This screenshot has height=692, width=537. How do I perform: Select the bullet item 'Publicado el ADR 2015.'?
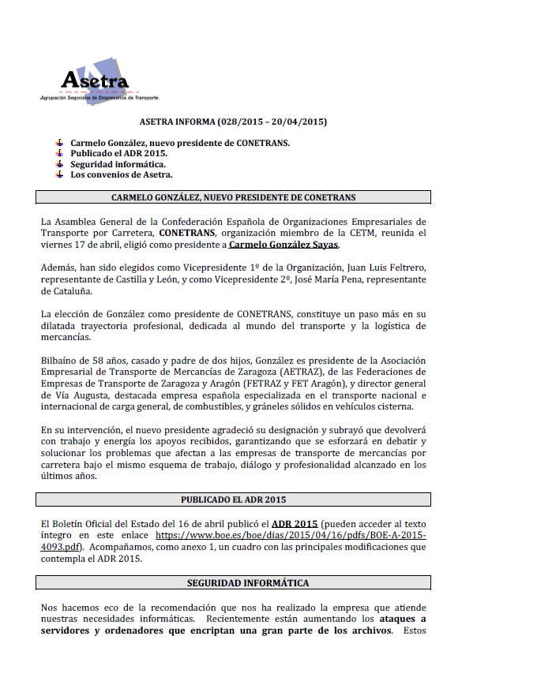[118, 153]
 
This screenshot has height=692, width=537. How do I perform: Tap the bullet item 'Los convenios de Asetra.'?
[121, 174]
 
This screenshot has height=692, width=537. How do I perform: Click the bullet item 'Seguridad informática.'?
[118, 164]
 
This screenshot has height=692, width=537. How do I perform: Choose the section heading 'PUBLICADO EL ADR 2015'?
[233, 499]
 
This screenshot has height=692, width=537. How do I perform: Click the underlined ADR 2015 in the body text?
[295, 523]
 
